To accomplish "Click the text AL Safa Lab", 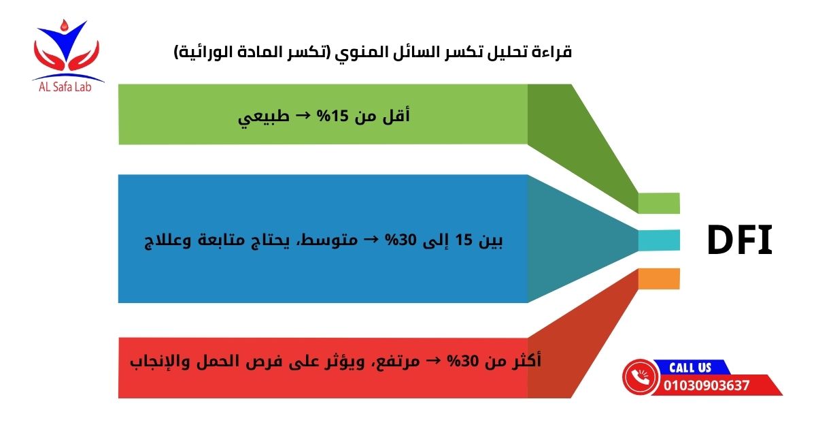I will [68, 88].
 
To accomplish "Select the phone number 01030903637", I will [707, 386].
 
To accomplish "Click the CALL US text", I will [690, 368].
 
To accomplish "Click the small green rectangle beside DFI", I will [658, 203].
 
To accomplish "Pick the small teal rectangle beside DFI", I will [658, 240].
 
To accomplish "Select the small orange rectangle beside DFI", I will [658, 279].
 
